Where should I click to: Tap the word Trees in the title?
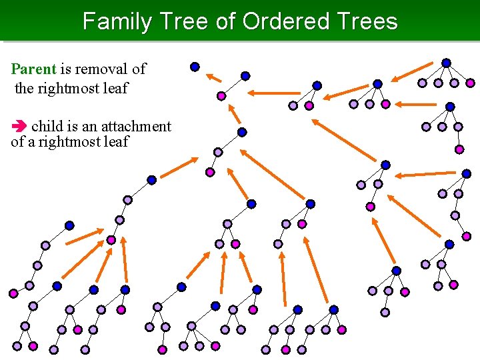366,21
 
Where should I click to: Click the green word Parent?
34,69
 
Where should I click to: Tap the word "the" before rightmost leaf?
23,87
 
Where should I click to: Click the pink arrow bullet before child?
19,127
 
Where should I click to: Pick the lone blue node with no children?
195,66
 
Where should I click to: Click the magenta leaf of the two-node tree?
221,96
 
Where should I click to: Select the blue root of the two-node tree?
245,75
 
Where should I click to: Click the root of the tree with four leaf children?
446,63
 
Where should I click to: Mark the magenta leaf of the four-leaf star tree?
471,83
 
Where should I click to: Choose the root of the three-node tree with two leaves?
317,85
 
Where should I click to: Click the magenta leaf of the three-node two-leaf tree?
309,105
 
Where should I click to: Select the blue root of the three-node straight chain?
242,132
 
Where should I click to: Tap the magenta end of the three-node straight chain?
210,172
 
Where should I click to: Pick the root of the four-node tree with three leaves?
377,84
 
